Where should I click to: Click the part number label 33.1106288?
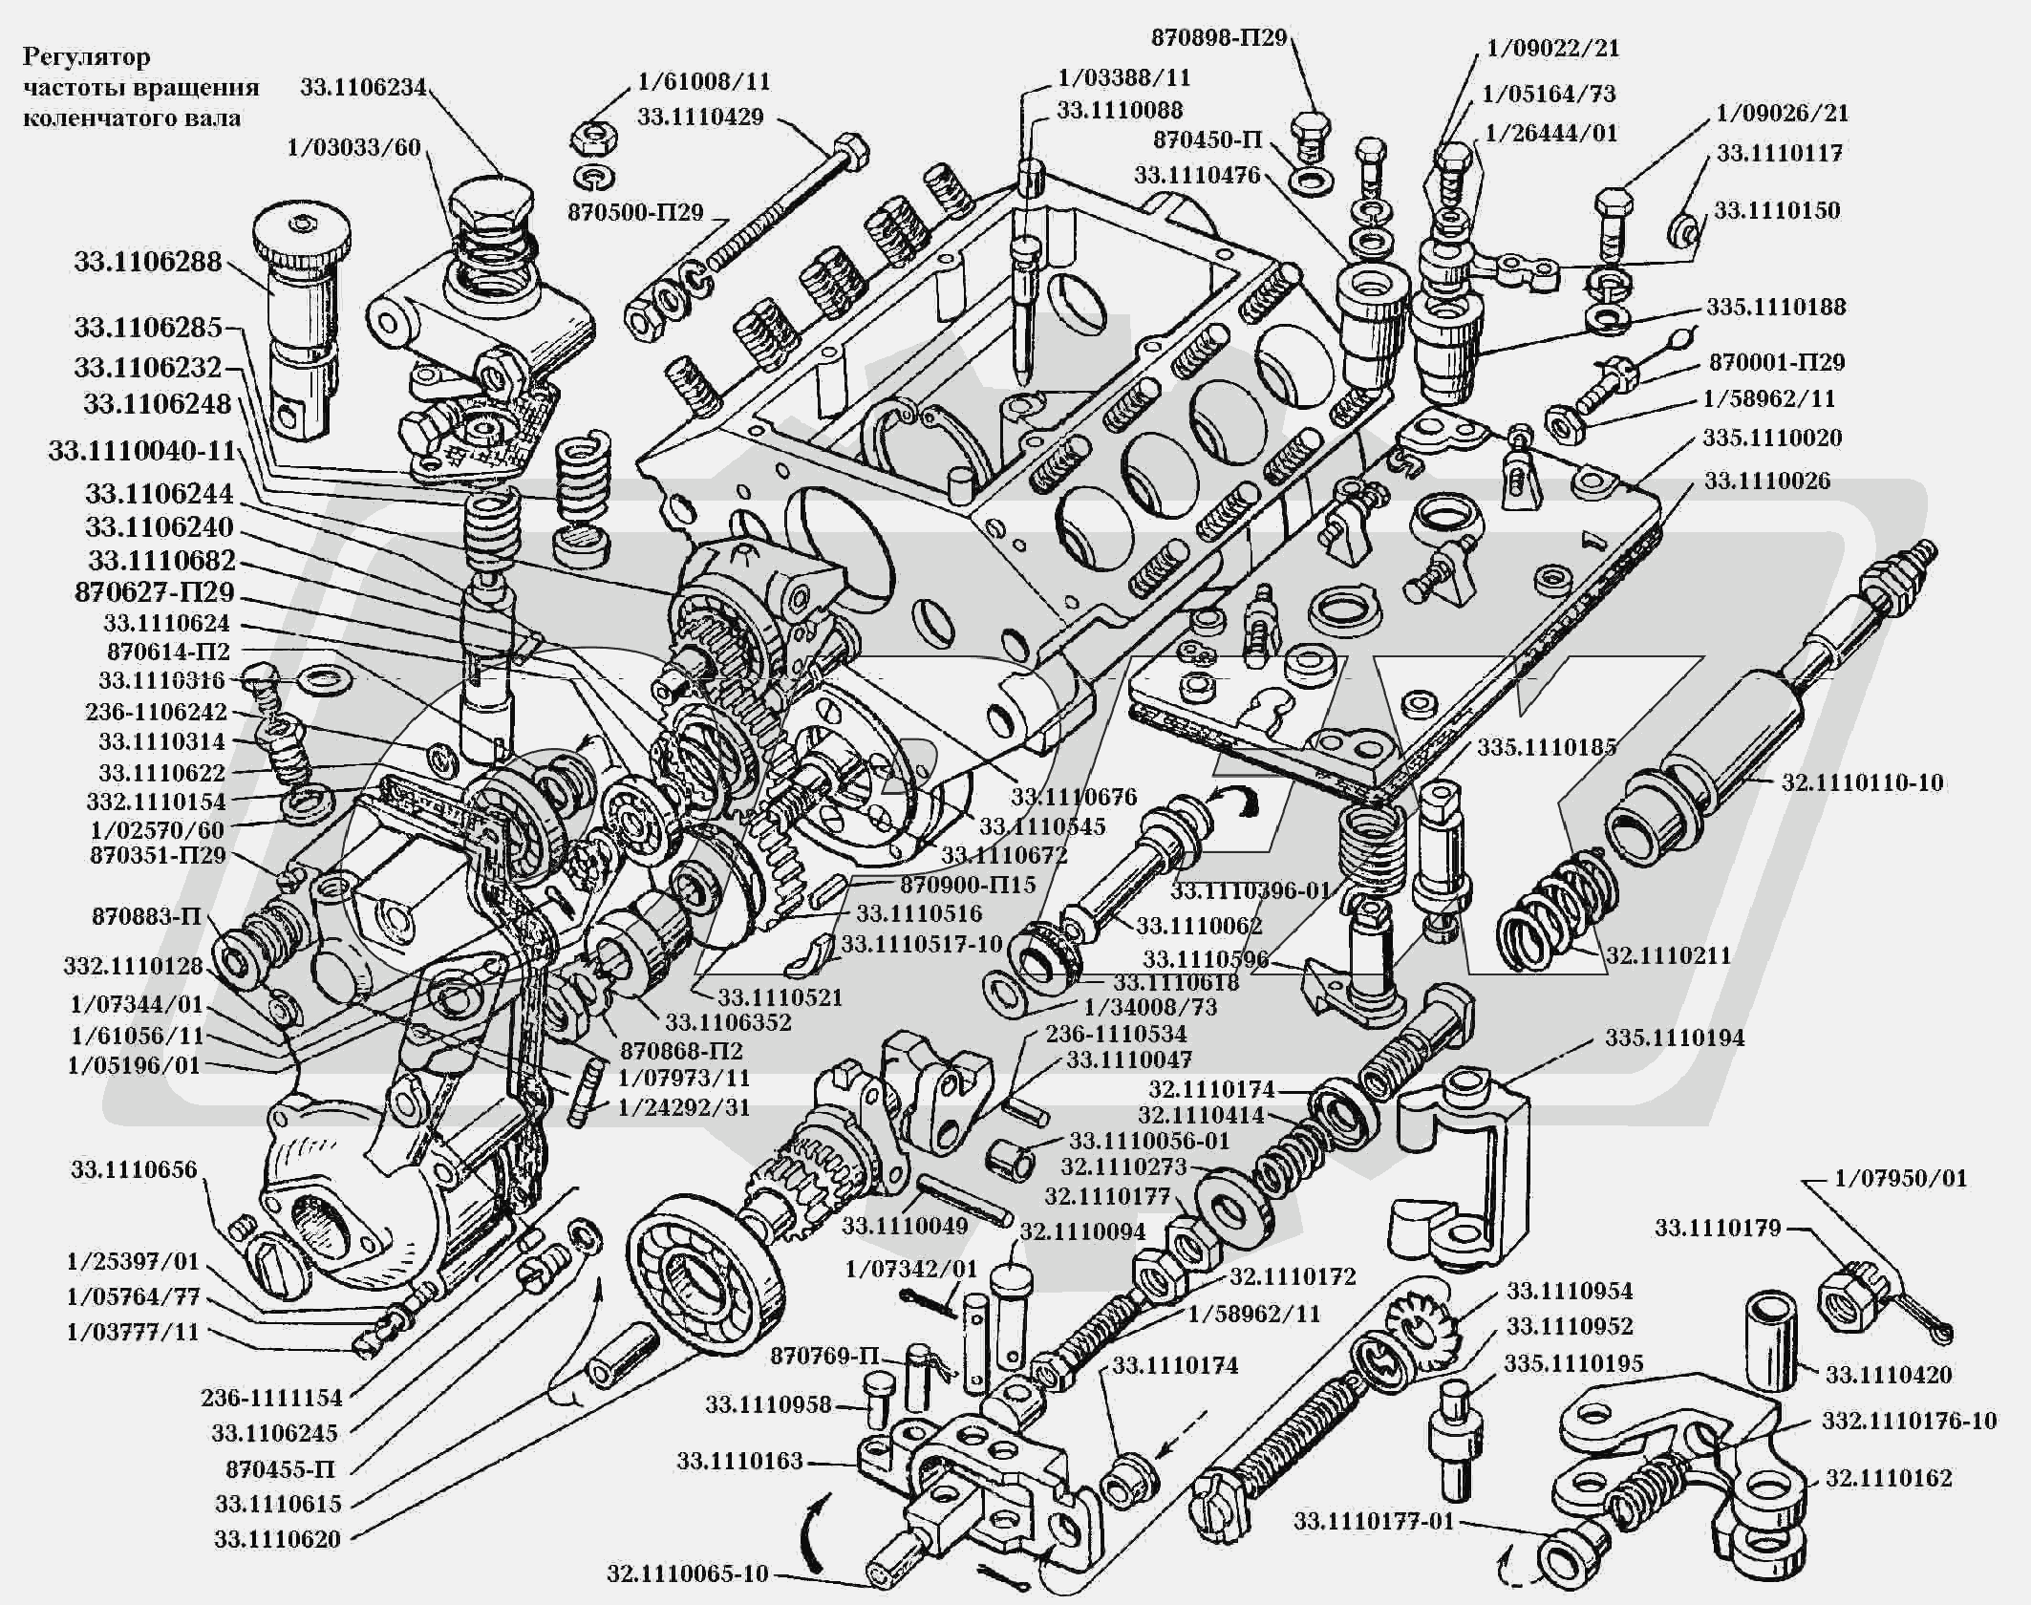pyautogui.click(x=148, y=262)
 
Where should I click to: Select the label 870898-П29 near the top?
pyautogui.click(x=1219, y=39)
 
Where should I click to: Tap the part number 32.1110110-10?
pyautogui.click(x=1862, y=782)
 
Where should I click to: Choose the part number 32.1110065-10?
pyautogui.click(x=687, y=1574)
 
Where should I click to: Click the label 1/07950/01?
pyautogui.click(x=1901, y=1179)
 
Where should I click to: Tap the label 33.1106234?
pyautogui.click(x=363, y=87)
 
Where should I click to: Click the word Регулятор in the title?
pyautogui.click(x=87, y=57)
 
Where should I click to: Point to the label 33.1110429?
pyautogui.click(x=700, y=118)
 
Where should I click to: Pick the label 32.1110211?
pyautogui.click(x=1668, y=955)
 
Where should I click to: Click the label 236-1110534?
pyautogui.click(x=1116, y=1033)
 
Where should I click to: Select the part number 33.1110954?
pyautogui.click(x=1570, y=1292)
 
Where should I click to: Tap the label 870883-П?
pyautogui.click(x=146, y=917)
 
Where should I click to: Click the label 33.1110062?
pyautogui.click(x=1199, y=926)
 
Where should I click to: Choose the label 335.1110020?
pyautogui.click(x=1772, y=439)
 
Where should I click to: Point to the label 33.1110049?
pyautogui.click(x=905, y=1225)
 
